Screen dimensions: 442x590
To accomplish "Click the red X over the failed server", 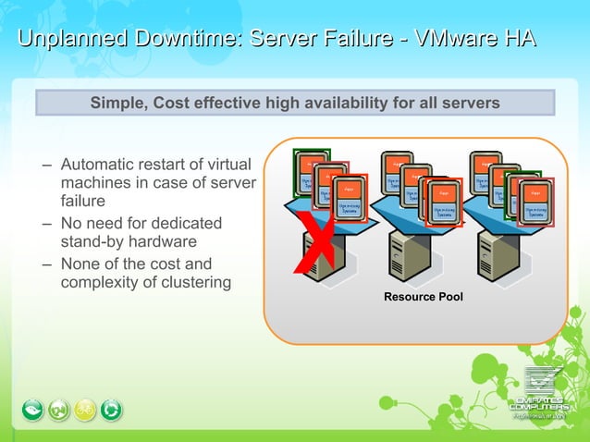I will [314, 243].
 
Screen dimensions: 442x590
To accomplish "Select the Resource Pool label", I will [423, 297].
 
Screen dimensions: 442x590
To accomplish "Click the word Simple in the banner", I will [117, 103].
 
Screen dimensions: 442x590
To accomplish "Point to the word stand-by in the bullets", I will [92, 243].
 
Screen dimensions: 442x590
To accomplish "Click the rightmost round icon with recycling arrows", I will [112, 409].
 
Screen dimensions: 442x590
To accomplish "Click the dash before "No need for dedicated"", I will [47, 223].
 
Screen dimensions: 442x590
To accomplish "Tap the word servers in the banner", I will [472, 103].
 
